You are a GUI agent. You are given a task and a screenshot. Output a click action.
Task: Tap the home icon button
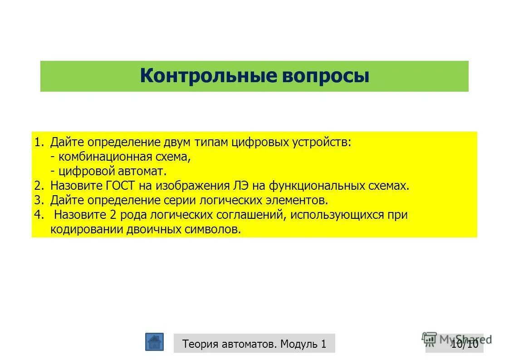(x=154, y=342)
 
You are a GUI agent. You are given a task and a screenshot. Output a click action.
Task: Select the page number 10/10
(x=465, y=344)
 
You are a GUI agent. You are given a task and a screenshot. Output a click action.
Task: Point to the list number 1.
(x=38, y=142)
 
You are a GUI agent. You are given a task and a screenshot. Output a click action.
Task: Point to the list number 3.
(x=38, y=200)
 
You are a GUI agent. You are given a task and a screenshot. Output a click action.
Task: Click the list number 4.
(x=38, y=215)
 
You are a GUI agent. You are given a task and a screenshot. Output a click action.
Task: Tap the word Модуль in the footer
(x=299, y=344)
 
